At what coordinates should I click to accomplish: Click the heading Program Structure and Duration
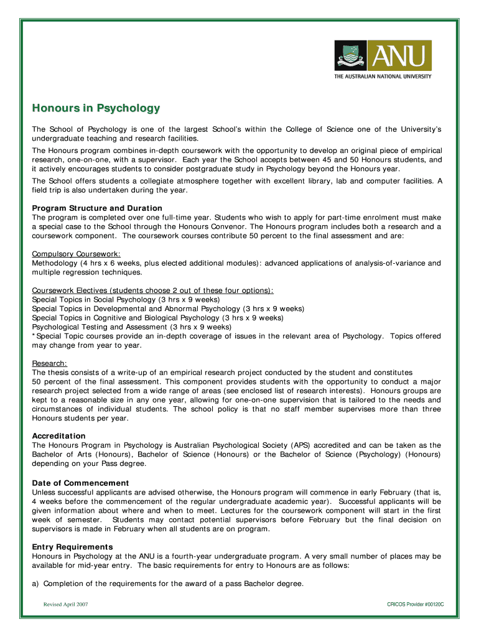(x=97, y=208)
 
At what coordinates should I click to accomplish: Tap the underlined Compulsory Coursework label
(x=77, y=254)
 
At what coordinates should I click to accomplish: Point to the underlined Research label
(x=50, y=363)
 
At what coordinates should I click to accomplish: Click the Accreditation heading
(x=59, y=436)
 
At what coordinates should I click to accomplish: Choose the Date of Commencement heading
(x=80, y=483)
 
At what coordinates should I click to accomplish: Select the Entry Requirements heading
(x=73, y=547)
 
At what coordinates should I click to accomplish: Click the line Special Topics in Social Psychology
(x=126, y=299)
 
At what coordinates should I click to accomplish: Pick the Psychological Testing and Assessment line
(x=131, y=327)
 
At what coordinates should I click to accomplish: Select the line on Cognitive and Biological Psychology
(x=157, y=317)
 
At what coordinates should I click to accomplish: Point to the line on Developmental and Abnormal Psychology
(x=168, y=309)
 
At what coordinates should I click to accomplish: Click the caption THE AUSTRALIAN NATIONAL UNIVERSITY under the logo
(x=383, y=77)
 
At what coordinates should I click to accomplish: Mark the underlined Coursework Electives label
(x=152, y=291)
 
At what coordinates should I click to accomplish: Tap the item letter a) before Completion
(x=36, y=584)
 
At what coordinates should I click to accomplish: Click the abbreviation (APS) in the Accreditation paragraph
(x=302, y=445)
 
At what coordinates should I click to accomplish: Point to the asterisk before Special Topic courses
(x=34, y=336)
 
